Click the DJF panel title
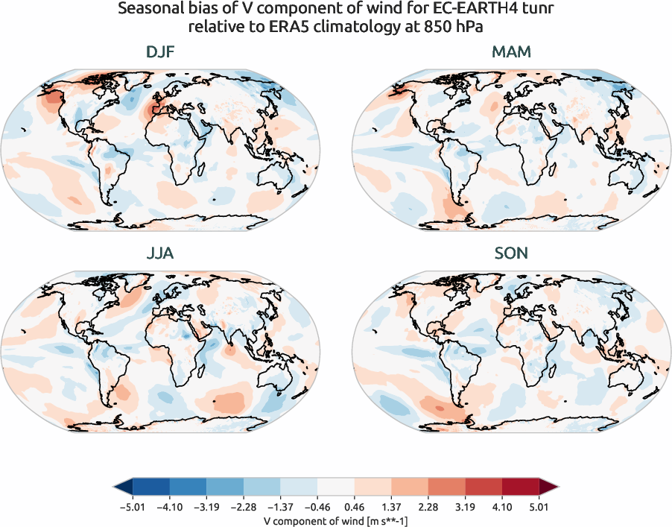[x=161, y=52]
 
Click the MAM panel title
[x=510, y=52]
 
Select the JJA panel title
[x=161, y=253]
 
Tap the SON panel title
[x=510, y=253]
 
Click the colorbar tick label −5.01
[x=132, y=507]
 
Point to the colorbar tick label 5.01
[x=539, y=507]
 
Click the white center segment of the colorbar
[x=336, y=487]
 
